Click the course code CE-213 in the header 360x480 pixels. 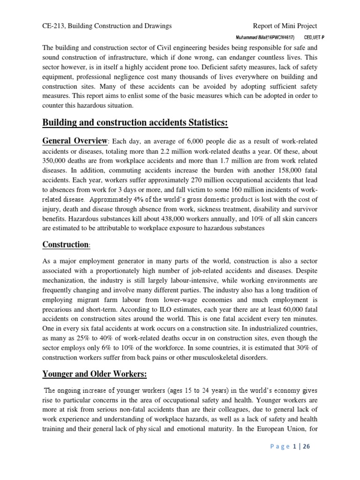[53, 26]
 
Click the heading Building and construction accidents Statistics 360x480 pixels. [135, 123]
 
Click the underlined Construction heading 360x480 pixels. [65, 245]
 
